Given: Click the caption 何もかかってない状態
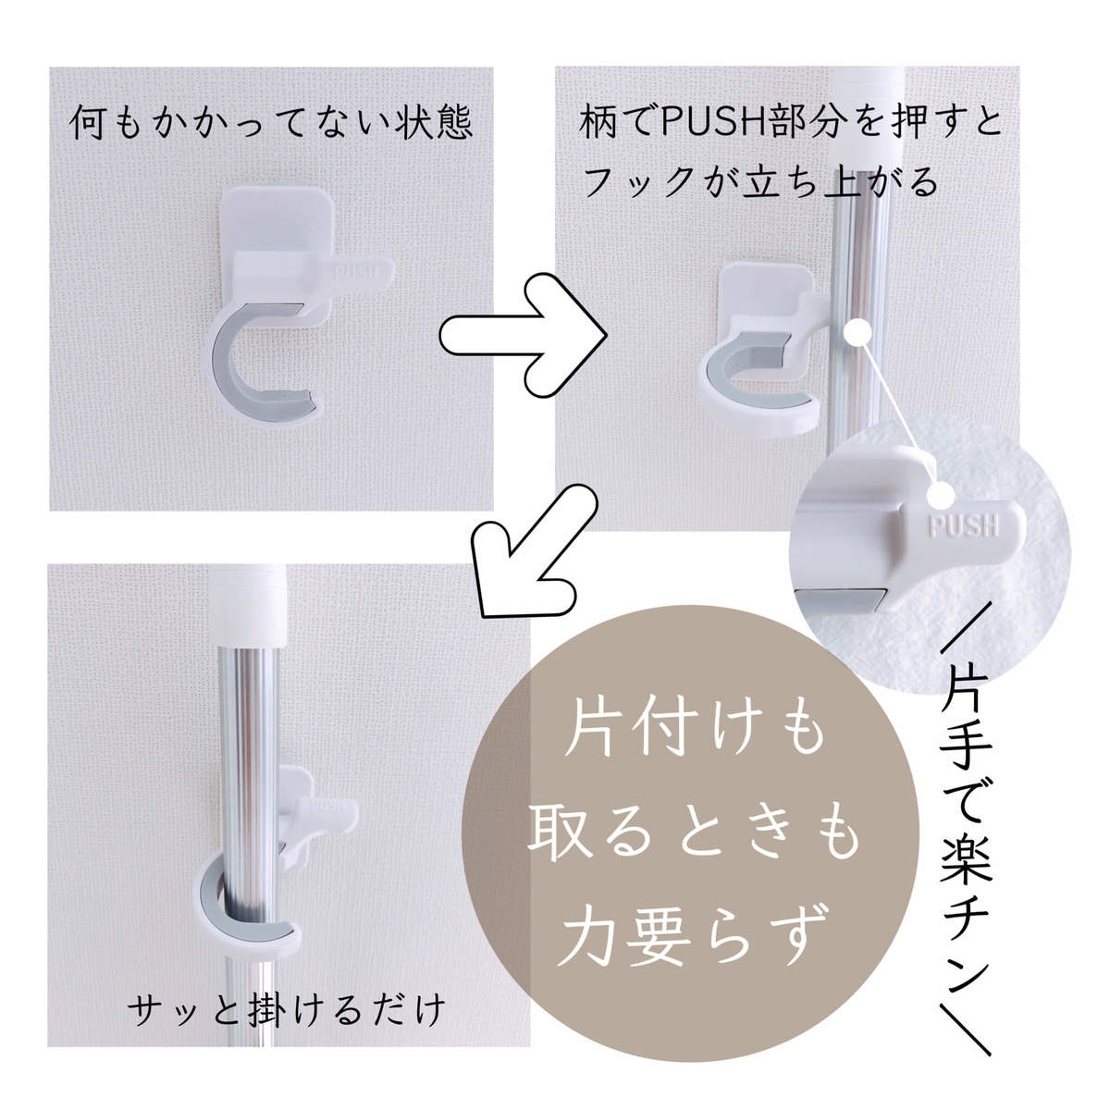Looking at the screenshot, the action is tap(271, 122).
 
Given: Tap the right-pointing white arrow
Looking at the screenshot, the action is tap(523, 335).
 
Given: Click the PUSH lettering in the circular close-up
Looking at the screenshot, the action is tap(963, 524).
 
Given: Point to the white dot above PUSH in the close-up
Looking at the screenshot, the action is tap(943, 494).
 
